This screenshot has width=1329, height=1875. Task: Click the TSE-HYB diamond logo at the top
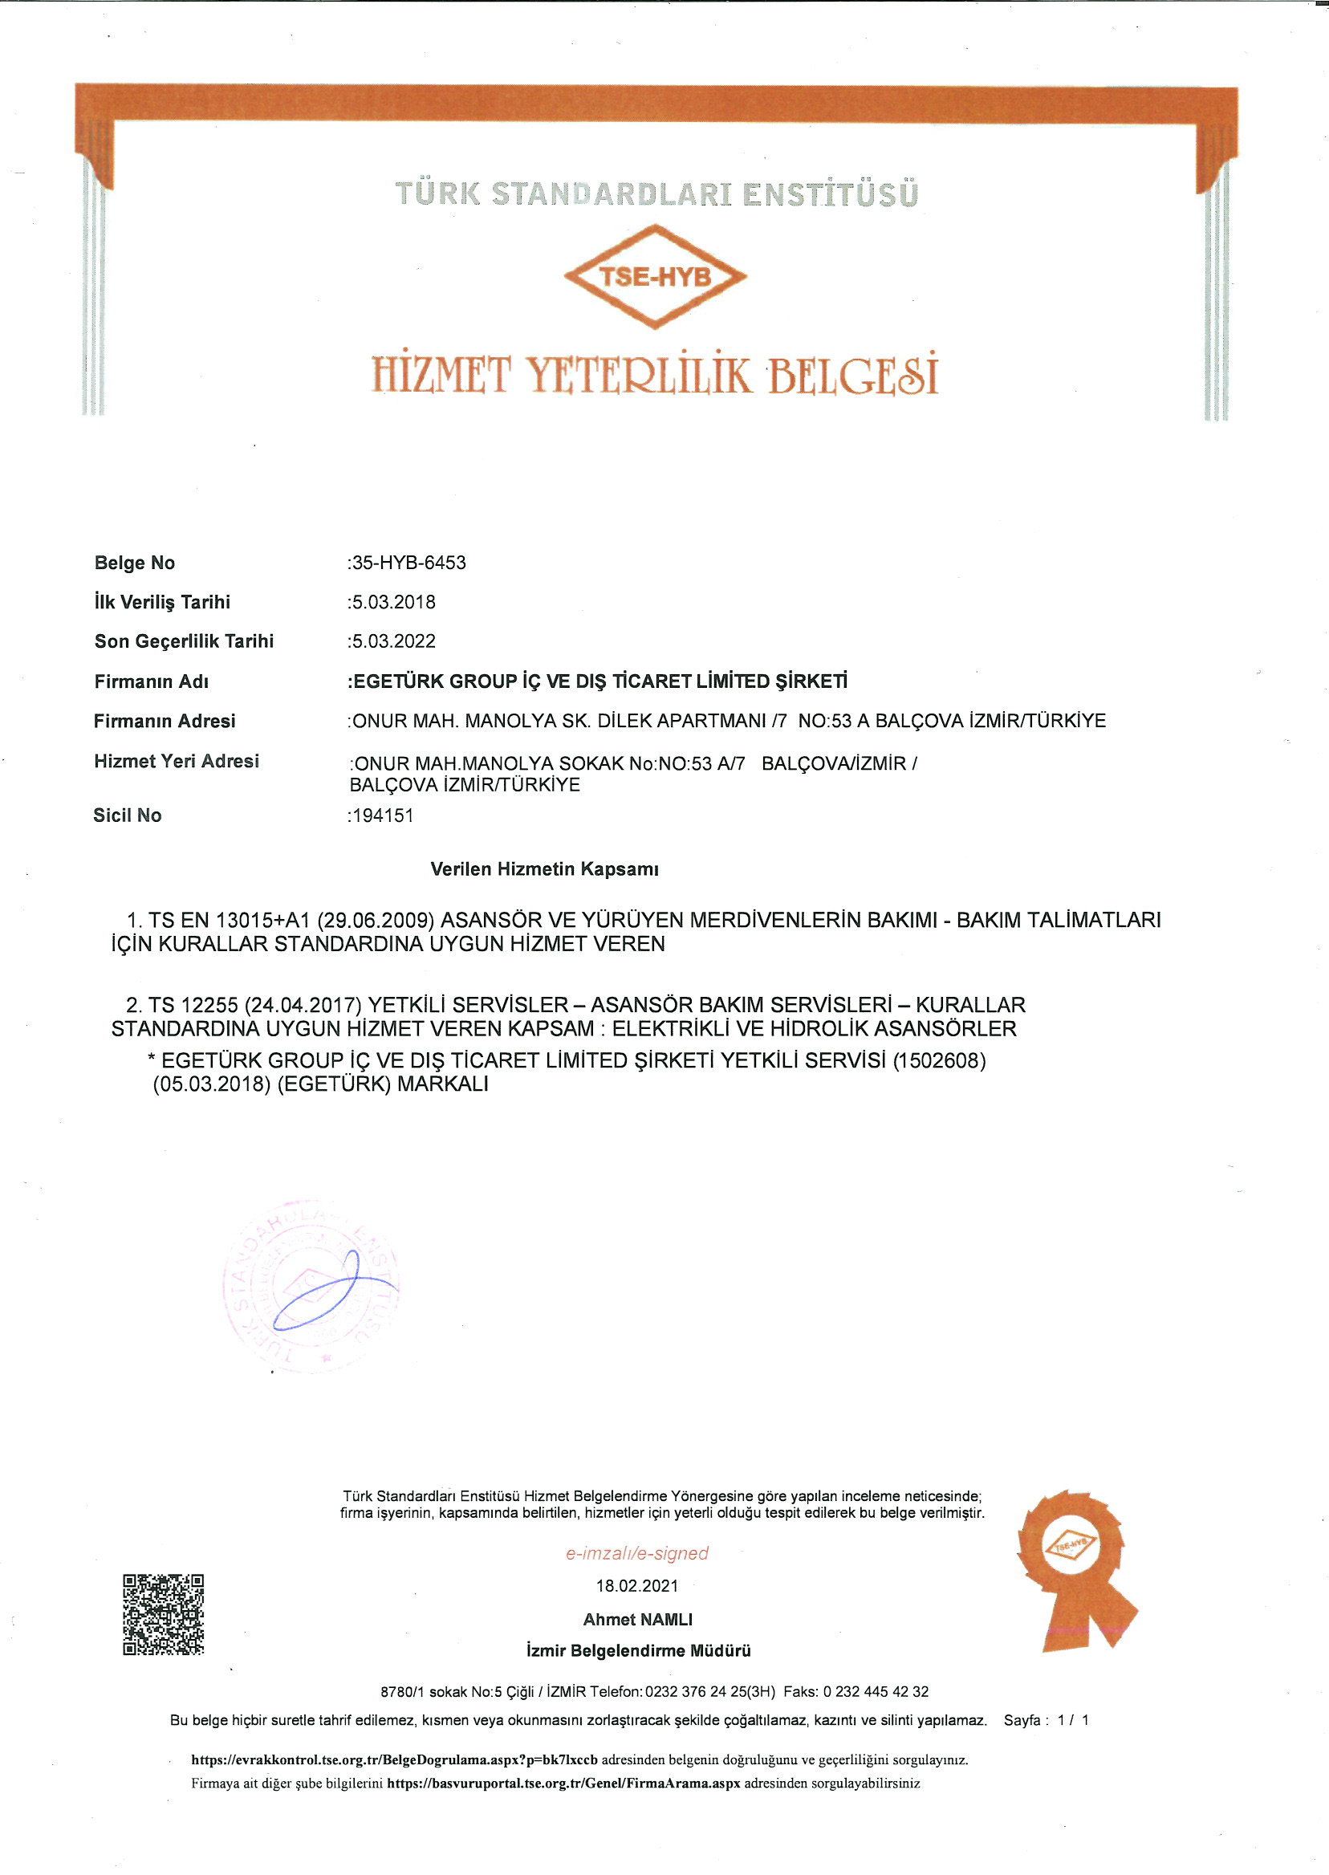tap(655, 277)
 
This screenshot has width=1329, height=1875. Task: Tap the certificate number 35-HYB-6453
tap(408, 563)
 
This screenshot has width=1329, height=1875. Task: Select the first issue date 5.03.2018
tap(392, 602)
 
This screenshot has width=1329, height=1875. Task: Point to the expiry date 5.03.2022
tap(392, 641)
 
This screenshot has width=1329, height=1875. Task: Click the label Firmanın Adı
tap(152, 681)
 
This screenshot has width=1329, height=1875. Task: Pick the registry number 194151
tap(382, 816)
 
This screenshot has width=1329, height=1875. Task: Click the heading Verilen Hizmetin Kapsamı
tap(544, 869)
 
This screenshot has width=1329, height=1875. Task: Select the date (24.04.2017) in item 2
tap(303, 1005)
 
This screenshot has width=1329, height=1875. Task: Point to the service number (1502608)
tap(939, 1060)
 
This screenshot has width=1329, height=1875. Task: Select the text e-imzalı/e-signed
tap(636, 1553)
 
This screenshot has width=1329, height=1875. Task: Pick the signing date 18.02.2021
tap(636, 1586)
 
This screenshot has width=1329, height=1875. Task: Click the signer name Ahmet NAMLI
tap(637, 1620)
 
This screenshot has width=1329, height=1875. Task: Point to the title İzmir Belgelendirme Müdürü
tap(638, 1652)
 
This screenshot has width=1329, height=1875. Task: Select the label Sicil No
tap(128, 816)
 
